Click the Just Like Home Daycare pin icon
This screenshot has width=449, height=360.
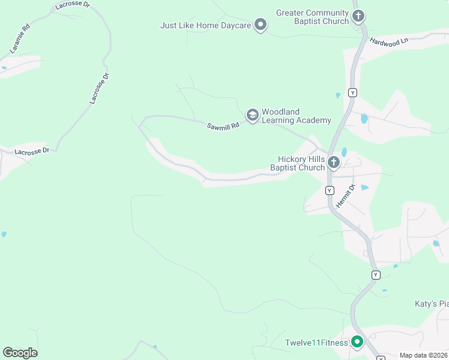click(260, 25)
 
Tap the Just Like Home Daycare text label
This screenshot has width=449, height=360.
click(205, 25)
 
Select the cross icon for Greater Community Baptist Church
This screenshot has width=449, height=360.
click(358, 16)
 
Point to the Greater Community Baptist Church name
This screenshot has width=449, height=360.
click(312, 17)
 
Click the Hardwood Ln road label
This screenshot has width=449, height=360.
click(388, 41)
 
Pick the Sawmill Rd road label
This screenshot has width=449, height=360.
click(223, 126)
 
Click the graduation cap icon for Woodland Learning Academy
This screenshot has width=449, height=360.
click(252, 114)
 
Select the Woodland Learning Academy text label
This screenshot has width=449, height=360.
click(296, 116)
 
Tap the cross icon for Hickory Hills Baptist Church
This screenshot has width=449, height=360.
click(334, 162)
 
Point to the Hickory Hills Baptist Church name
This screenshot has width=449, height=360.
click(298, 163)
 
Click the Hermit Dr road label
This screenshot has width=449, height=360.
click(346, 196)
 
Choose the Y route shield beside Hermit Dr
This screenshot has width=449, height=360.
click(329, 190)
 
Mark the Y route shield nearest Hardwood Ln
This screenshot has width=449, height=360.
click(352, 92)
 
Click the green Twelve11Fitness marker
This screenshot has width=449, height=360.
click(357, 342)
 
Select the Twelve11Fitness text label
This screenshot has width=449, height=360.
click(317, 343)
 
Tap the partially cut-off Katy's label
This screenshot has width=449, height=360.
click(431, 304)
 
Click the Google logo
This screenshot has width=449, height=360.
click(20, 353)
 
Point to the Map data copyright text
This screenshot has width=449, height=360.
click(424, 355)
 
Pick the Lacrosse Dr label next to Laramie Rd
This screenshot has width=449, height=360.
click(72, 5)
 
